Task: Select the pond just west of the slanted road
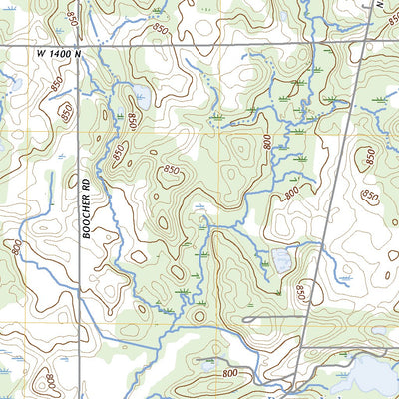pyautogui.click(x=282, y=261)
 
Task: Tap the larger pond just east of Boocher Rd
pyautogui.click(x=141, y=99)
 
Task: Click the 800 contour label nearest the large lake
pyautogui.click(x=231, y=373)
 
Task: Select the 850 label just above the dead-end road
pyautogui.click(x=300, y=291)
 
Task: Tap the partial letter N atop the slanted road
pyautogui.click(x=380, y=4)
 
